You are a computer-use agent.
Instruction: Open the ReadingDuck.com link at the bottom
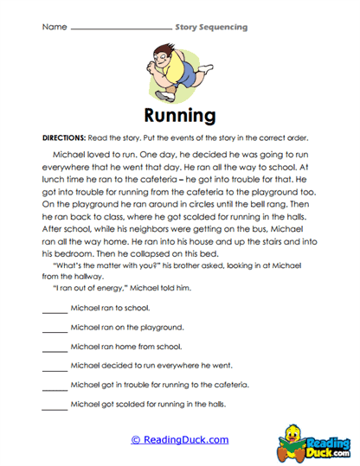click(x=180, y=439)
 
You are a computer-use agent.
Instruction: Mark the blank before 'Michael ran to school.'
click(x=54, y=310)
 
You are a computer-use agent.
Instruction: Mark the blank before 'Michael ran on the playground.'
click(x=54, y=329)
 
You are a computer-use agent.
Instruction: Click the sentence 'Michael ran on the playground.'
click(x=126, y=328)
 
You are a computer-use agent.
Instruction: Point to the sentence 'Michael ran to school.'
click(x=110, y=309)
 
